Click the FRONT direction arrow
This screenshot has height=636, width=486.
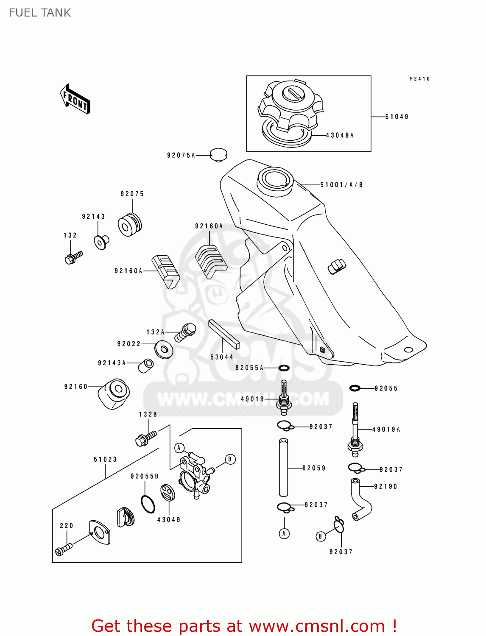(75, 99)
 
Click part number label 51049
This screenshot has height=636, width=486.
(397, 117)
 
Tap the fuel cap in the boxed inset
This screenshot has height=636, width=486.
(290, 106)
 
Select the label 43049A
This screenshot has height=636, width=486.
(340, 135)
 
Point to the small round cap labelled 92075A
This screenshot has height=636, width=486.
(219, 155)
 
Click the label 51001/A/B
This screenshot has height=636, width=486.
(341, 185)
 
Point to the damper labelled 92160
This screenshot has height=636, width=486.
(114, 394)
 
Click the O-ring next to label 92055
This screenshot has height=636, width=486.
(355, 388)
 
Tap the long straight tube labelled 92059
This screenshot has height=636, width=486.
(283, 468)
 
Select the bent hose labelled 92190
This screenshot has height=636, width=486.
(361, 500)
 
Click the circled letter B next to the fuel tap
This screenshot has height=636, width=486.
(230, 459)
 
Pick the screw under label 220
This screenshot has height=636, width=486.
(63, 550)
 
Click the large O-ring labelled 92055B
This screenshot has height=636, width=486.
(148, 504)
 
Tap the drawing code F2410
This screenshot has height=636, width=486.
(419, 79)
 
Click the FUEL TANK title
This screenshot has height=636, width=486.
(40, 13)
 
